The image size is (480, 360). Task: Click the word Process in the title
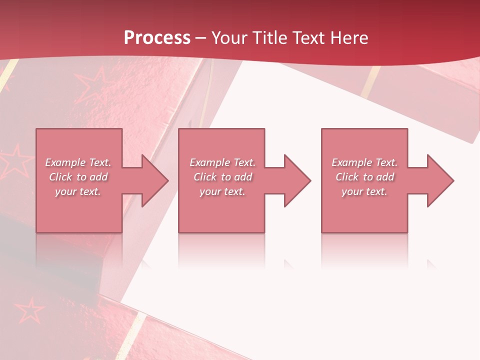(157, 38)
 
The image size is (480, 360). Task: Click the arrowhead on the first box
(152, 180)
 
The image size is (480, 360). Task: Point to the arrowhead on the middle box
(295, 180)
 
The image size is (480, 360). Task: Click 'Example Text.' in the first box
(78, 162)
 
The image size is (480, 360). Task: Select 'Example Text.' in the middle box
(222, 162)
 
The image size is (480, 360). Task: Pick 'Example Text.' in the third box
(364, 162)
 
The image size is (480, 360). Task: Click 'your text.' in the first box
(78, 191)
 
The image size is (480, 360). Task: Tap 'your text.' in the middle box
(222, 191)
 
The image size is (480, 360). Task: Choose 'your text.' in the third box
(364, 191)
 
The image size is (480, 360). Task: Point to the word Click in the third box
(347, 177)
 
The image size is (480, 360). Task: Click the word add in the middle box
(243, 177)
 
